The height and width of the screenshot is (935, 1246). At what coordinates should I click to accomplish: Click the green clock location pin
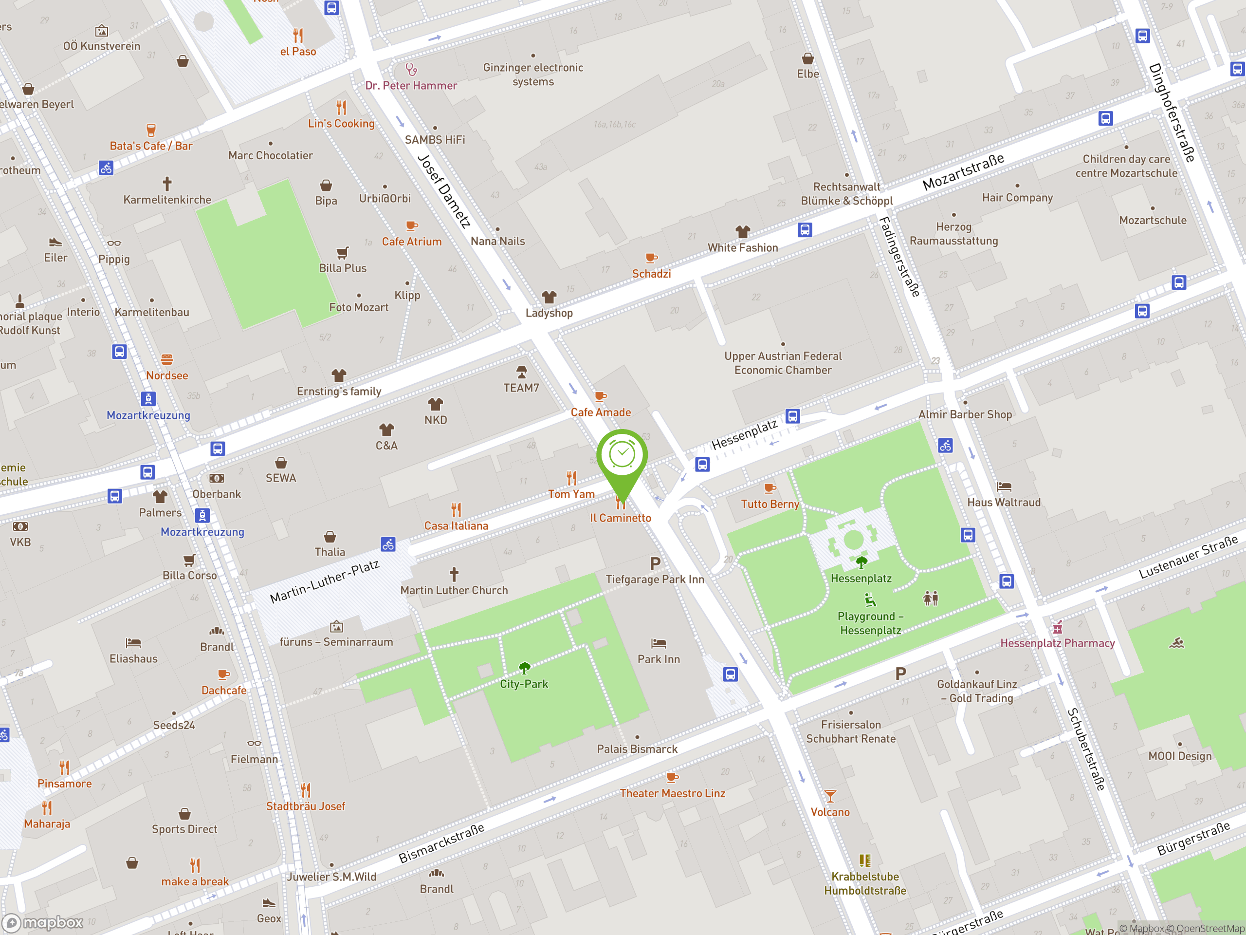click(x=622, y=456)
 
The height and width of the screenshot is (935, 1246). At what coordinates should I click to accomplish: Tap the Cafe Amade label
click(x=601, y=412)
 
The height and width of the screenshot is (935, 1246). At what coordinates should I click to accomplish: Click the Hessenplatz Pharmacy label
click(x=1057, y=643)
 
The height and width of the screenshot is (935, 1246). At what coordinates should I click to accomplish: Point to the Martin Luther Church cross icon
click(x=454, y=574)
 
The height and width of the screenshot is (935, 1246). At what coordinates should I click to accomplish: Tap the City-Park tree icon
click(x=524, y=668)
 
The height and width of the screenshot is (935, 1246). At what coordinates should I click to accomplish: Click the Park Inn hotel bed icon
click(x=659, y=643)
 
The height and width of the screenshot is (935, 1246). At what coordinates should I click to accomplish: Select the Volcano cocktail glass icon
click(x=830, y=796)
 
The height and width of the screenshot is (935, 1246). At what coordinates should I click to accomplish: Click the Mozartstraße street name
click(x=963, y=171)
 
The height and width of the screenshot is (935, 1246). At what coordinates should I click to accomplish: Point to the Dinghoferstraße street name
click(x=1172, y=112)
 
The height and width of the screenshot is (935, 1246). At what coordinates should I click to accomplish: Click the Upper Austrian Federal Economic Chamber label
click(x=783, y=363)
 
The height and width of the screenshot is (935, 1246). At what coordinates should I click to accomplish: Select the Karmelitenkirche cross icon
click(x=167, y=184)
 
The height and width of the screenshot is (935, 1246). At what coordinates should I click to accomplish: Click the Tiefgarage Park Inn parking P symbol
click(x=655, y=563)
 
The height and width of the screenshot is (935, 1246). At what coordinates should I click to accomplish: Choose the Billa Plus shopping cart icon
click(x=343, y=252)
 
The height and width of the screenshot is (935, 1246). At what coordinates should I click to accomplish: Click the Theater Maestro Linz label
click(x=672, y=793)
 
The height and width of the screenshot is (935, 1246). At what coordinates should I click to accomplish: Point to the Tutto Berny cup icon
click(x=770, y=488)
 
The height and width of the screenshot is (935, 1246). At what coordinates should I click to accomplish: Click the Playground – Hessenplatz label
click(x=870, y=623)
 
